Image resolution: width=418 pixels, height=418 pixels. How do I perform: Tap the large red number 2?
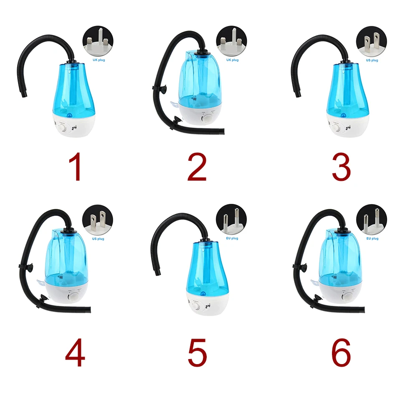(x=197, y=167)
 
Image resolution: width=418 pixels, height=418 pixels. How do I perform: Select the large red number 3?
(x=341, y=167)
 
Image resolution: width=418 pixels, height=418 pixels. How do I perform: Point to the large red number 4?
(x=75, y=353)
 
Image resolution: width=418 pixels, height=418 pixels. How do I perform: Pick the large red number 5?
(x=197, y=353)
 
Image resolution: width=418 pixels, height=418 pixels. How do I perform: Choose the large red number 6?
(x=341, y=353)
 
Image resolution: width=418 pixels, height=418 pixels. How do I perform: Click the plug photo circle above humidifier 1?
(x=99, y=41)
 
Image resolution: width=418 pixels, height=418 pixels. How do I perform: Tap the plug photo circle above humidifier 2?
(x=231, y=41)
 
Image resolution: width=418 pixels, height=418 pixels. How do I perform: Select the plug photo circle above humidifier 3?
(x=371, y=41)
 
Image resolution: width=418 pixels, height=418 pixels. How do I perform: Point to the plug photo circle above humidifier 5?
(x=231, y=220)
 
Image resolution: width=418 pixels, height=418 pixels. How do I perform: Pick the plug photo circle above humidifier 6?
(x=372, y=220)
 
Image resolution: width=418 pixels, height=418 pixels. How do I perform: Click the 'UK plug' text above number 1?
(x=99, y=60)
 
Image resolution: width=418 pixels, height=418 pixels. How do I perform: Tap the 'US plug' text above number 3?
(x=372, y=60)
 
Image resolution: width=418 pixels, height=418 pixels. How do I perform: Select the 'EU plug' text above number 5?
(x=232, y=238)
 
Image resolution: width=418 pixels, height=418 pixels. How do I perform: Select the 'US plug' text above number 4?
(x=99, y=238)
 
